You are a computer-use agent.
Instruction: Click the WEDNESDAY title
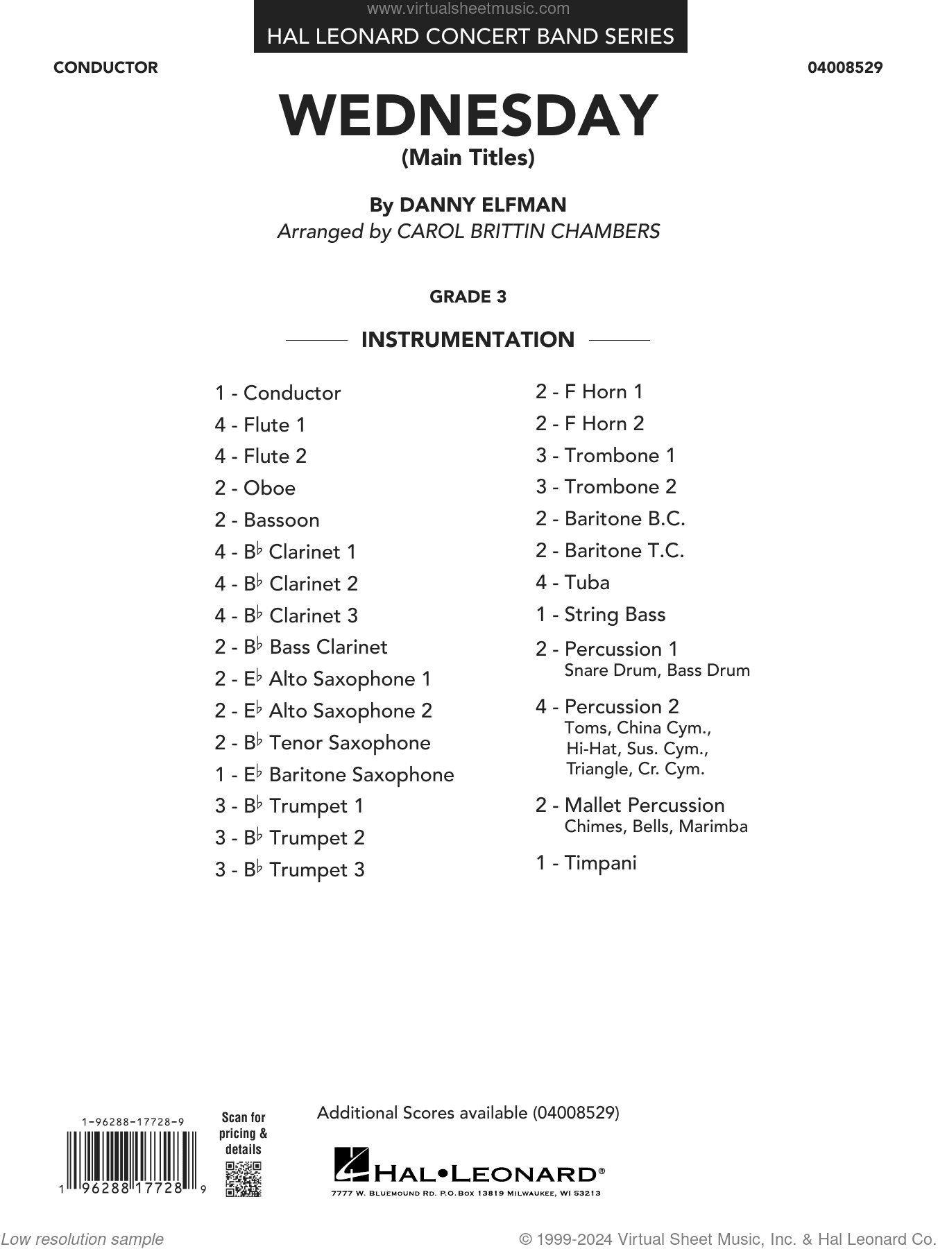pyautogui.click(x=468, y=117)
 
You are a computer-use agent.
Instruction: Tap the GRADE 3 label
pyautogui.click(x=468, y=297)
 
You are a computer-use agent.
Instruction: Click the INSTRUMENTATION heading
pyautogui.click(x=468, y=340)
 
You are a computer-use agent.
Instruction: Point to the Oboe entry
pyautogui.click(x=255, y=488)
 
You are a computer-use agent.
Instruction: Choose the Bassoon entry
pyautogui.click(x=267, y=520)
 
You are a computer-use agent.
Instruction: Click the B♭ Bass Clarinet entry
pyautogui.click(x=301, y=647)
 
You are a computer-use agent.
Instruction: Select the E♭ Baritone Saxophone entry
pyautogui.click(x=334, y=774)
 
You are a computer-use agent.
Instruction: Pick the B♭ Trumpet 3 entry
pyautogui.click(x=289, y=869)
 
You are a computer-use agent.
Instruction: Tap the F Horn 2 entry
pyautogui.click(x=590, y=423)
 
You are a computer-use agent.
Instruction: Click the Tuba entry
pyautogui.click(x=572, y=583)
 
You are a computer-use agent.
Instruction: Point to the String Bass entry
pyautogui.click(x=600, y=615)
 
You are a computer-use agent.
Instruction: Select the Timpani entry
pyautogui.click(x=586, y=863)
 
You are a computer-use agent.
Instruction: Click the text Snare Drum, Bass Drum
pyautogui.click(x=657, y=671)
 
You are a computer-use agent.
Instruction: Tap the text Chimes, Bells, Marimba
pyautogui.click(x=656, y=826)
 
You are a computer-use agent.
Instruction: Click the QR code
pyautogui.click(x=244, y=1178)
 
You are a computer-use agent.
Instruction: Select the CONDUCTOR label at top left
pyautogui.click(x=105, y=68)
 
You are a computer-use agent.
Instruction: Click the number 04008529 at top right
pyautogui.click(x=845, y=68)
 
